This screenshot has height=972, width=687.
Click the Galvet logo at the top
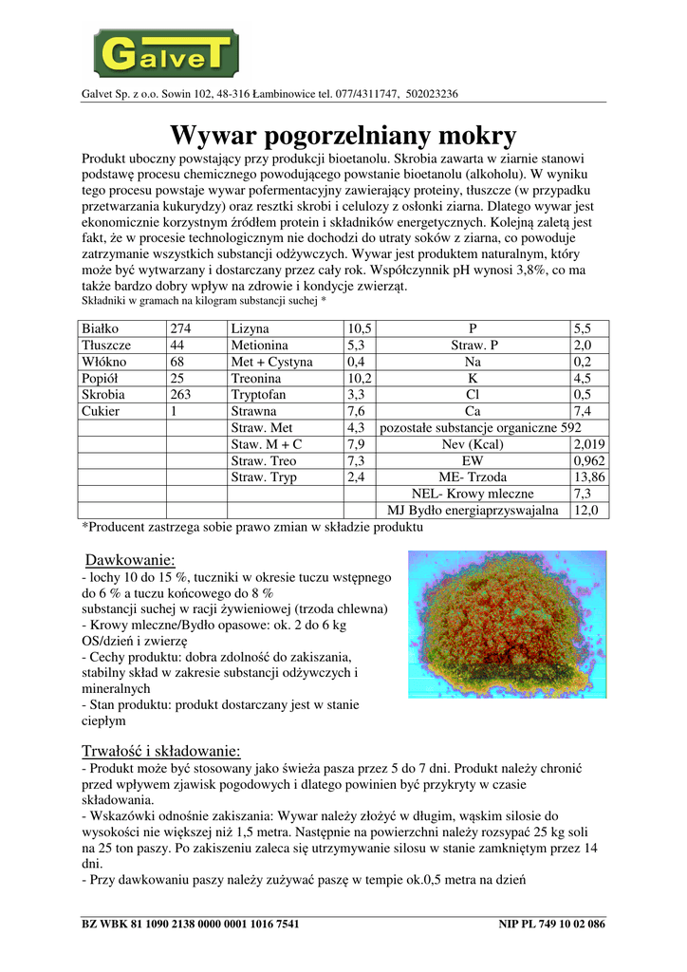pyautogui.click(x=165, y=52)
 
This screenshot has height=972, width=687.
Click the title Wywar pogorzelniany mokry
pyautogui.click(x=343, y=135)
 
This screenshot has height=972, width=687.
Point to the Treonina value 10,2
pyautogui.click(x=361, y=379)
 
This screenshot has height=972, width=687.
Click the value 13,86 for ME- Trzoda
pyautogui.click(x=589, y=477)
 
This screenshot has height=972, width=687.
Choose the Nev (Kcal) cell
pyautogui.click(x=473, y=444)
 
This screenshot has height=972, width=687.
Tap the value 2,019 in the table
pyautogui.click(x=589, y=444)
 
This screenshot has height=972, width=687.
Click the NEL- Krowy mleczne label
pyautogui.click(x=473, y=494)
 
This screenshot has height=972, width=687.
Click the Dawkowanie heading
pyautogui.click(x=130, y=560)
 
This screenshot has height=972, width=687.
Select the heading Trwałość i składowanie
pyautogui.click(x=162, y=751)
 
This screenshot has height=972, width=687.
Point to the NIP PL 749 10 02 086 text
pyautogui.click(x=551, y=924)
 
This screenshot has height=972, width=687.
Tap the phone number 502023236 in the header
pyautogui.click(x=432, y=94)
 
